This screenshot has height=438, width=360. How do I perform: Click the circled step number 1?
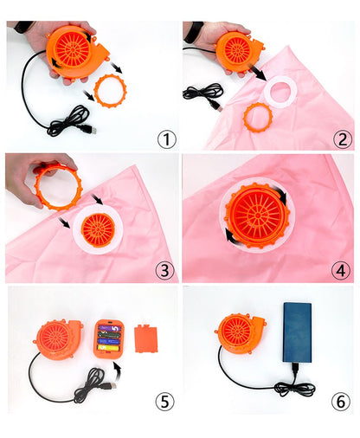click(x=167, y=140)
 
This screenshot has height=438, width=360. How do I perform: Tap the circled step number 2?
click(x=343, y=140)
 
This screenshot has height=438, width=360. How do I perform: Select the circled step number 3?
click(x=165, y=271)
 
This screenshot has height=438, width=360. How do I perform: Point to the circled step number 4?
click(x=341, y=271)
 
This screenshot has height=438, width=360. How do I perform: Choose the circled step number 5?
click(x=165, y=401)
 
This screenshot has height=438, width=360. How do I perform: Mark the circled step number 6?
click(x=341, y=401)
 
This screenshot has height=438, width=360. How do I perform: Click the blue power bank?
click(x=297, y=332)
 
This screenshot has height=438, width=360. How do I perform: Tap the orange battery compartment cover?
click(x=146, y=338)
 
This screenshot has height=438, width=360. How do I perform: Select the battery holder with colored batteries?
click(x=109, y=338)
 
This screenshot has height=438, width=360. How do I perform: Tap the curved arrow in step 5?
click(x=117, y=371)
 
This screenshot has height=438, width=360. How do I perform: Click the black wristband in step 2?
click(x=193, y=32)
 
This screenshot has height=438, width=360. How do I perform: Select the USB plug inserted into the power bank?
click(x=295, y=370)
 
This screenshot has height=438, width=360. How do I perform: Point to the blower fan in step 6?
click(x=240, y=334)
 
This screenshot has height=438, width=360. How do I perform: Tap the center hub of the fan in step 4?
click(x=257, y=215)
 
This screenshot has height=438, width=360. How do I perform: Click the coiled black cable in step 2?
click(x=202, y=93)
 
